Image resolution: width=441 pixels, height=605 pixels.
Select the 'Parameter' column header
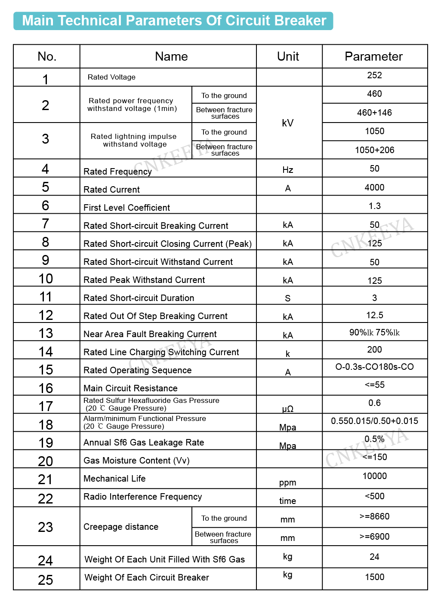point(373,56)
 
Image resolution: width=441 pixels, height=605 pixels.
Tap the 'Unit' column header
point(288,56)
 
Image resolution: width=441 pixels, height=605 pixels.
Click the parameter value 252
point(374,75)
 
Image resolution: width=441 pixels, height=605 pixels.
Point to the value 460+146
point(374,113)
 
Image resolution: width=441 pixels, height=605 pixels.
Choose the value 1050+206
point(374,150)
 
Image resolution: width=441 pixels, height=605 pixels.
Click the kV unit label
point(287,123)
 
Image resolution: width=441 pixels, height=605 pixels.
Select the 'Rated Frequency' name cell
point(117,172)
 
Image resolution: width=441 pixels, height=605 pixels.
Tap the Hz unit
point(287,170)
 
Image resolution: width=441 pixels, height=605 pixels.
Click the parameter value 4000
point(374,187)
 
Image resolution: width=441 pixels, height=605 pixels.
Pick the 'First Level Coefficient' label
point(126,208)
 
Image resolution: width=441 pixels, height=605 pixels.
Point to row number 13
point(46,333)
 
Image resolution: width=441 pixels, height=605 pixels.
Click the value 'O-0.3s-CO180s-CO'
point(374,367)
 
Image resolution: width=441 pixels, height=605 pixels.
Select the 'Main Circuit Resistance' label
point(130,388)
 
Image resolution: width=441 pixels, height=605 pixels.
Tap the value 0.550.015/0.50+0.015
point(374,421)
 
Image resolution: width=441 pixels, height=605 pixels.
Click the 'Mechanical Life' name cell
point(114,479)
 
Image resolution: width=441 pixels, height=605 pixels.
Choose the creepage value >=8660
point(374,516)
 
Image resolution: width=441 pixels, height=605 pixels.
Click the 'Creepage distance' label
point(121,527)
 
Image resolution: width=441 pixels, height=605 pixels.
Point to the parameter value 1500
point(374,577)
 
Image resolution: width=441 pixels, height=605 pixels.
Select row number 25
point(46,580)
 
